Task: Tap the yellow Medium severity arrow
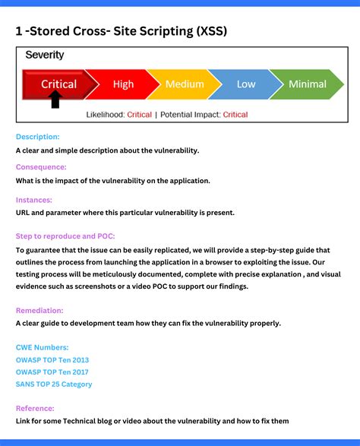(184, 84)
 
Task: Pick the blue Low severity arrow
(245, 84)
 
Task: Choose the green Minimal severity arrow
(308, 84)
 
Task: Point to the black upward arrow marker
(55, 100)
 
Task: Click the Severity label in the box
(45, 55)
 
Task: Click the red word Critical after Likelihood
(140, 115)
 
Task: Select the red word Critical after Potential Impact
(235, 115)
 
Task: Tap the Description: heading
(37, 137)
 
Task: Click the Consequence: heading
(41, 166)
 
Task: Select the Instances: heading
(33, 200)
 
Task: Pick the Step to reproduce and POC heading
(65, 236)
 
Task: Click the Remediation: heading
(39, 310)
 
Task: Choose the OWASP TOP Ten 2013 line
(52, 359)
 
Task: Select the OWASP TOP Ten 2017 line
(52, 372)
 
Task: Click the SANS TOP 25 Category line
(54, 384)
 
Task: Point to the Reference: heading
(35, 408)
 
